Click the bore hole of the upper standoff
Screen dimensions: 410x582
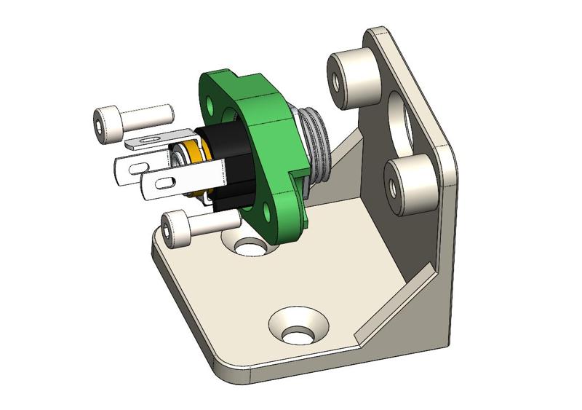(336, 79)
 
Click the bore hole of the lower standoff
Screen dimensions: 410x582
(393, 187)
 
